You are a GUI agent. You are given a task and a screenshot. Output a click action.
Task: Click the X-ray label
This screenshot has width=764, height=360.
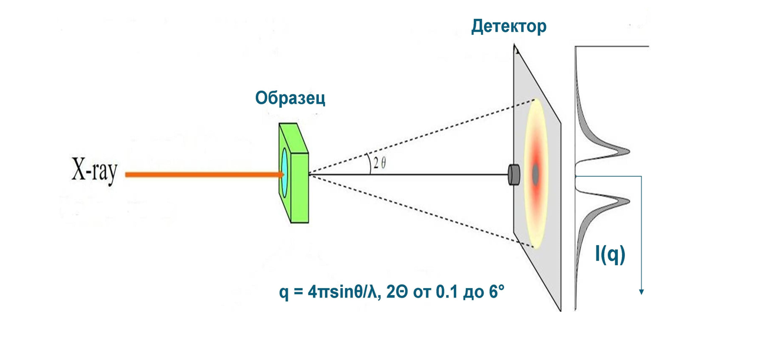(94, 171)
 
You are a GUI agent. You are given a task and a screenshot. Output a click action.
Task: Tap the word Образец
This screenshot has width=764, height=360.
(290, 98)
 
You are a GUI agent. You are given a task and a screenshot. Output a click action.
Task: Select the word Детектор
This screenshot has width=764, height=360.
(508, 27)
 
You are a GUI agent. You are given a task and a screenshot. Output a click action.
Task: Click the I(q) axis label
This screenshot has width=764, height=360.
(610, 254)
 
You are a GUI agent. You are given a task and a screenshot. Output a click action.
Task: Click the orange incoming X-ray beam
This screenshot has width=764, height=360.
(200, 174)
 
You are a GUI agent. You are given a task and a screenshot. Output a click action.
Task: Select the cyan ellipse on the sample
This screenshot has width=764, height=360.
(284, 171)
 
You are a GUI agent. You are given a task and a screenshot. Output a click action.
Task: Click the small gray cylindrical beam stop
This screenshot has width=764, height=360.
(514, 174)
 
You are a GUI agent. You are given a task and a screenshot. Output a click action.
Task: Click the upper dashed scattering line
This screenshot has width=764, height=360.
(419, 138)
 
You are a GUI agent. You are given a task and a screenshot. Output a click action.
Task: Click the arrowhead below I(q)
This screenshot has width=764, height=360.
(641, 291)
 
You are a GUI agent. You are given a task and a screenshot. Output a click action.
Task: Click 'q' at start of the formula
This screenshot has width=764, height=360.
(284, 292)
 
